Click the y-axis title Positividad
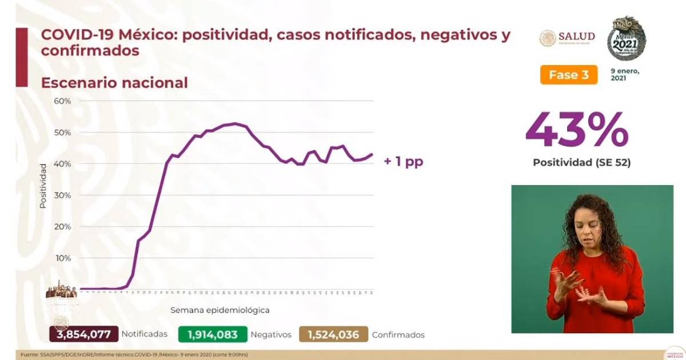(43, 186)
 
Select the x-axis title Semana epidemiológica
(220, 310)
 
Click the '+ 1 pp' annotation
(403, 162)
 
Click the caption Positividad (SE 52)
(581, 163)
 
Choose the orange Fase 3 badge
(568, 75)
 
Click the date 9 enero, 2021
(625, 74)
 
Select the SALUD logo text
(577, 37)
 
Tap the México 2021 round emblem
(627, 39)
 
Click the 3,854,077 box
(84, 334)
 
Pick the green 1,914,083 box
(213, 334)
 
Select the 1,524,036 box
(333, 334)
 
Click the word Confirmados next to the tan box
(398, 335)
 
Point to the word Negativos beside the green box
(271, 335)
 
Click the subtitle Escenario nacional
(114, 83)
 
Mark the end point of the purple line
(373, 154)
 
